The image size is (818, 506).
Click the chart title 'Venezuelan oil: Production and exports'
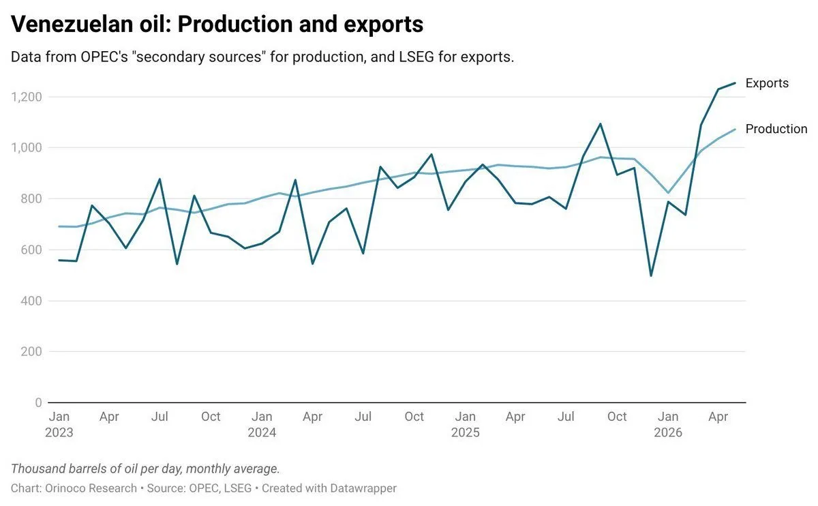pyautogui.click(x=217, y=25)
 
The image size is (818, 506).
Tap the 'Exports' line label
pyautogui.click(x=767, y=83)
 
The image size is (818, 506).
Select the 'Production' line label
pyautogui.click(x=776, y=129)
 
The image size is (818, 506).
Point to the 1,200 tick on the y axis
pyautogui.click(x=27, y=98)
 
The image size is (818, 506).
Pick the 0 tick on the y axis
pyautogui.click(x=38, y=402)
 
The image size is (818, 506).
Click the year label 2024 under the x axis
pyautogui.click(x=262, y=432)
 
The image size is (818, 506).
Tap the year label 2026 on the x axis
pyautogui.click(x=668, y=432)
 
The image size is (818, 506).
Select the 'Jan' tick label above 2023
pyautogui.click(x=59, y=417)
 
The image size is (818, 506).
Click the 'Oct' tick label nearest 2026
pyautogui.click(x=617, y=417)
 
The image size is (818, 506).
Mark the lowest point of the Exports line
pyautogui.click(x=651, y=276)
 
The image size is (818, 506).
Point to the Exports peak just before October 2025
pyautogui.click(x=600, y=124)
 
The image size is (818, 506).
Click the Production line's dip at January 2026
pyautogui.click(x=668, y=193)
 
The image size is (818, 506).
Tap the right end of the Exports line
pyautogui.click(x=735, y=83)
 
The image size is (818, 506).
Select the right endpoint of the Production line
pyautogui.click(x=735, y=130)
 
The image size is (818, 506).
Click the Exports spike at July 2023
pyautogui.click(x=160, y=179)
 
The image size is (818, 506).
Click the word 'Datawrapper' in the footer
pyautogui.click(x=363, y=488)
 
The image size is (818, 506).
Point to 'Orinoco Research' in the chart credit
pyautogui.click(x=91, y=488)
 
